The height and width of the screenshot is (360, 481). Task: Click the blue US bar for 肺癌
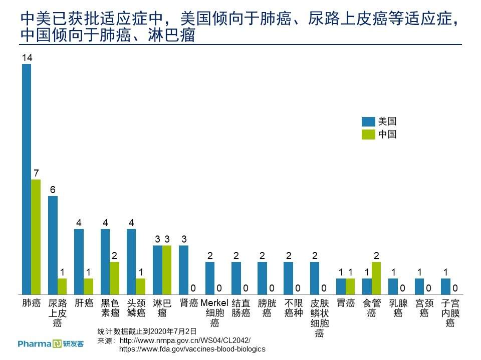point(27,179)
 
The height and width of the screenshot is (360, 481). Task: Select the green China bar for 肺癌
point(36,237)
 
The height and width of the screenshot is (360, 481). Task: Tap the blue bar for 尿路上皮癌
point(53,245)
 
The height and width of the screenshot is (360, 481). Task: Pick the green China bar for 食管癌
point(376,278)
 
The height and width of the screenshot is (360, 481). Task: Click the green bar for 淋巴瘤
point(167,270)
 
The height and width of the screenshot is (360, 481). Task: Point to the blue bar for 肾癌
point(183,270)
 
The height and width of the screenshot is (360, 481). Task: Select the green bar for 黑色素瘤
point(114,278)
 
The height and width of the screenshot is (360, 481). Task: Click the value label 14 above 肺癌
point(27,57)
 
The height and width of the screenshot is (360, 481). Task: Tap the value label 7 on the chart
point(37,173)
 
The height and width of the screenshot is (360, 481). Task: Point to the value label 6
point(53,190)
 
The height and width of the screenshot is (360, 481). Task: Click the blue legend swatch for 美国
point(368,121)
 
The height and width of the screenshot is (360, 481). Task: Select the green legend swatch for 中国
point(368,134)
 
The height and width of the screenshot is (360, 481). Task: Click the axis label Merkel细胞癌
point(214,312)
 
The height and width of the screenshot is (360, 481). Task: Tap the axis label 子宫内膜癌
point(450,312)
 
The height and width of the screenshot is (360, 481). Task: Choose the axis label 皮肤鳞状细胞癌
point(319,318)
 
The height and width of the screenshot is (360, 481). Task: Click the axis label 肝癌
point(84,303)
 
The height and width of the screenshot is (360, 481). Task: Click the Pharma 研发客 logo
point(51,344)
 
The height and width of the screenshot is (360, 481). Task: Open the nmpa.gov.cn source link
point(185,340)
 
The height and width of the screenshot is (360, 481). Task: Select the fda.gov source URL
point(192,349)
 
